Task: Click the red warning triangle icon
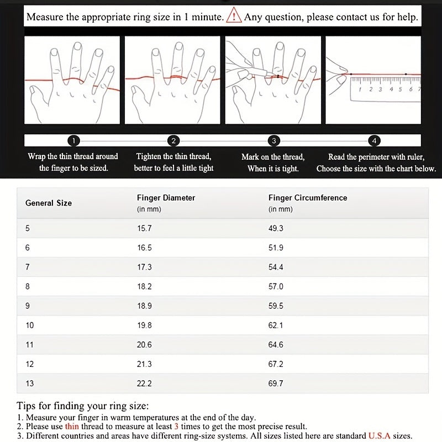(x=234, y=17)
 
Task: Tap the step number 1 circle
(x=75, y=140)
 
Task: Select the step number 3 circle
(x=274, y=140)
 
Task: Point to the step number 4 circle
(x=374, y=140)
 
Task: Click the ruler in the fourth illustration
(x=385, y=88)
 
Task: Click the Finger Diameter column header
(x=166, y=198)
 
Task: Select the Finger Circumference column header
(x=308, y=198)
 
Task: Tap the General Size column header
(x=49, y=203)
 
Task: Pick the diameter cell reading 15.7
(x=144, y=228)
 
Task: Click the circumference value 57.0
(x=276, y=287)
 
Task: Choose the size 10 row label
(x=30, y=325)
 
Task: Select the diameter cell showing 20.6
(x=144, y=345)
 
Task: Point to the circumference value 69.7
(x=276, y=383)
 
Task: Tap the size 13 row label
(x=30, y=383)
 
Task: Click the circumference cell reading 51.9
(x=276, y=248)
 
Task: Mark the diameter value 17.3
(x=144, y=267)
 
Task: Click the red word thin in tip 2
(x=72, y=427)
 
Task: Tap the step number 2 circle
(x=173, y=140)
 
